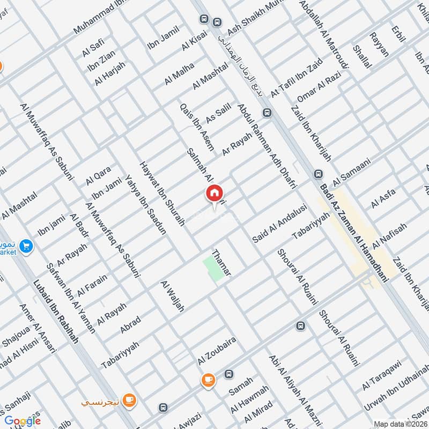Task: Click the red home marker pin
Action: point(214,194)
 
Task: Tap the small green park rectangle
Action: point(213,268)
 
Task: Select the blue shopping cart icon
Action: point(25,246)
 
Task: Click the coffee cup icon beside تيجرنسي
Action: point(129,400)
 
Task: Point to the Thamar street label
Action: point(221,263)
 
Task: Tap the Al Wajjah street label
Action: point(173,297)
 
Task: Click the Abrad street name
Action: point(130,324)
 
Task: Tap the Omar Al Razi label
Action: point(319,86)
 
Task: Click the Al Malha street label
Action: point(180,74)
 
